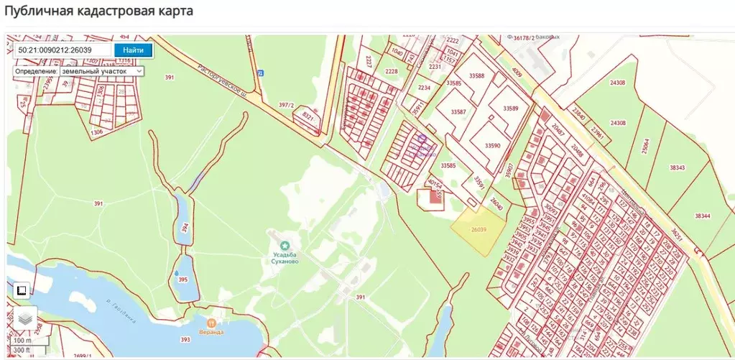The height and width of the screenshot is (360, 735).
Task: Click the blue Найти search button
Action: coord(133,50)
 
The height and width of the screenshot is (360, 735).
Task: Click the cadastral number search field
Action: coord(63,50)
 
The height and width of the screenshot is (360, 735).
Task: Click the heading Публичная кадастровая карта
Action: coord(98,11)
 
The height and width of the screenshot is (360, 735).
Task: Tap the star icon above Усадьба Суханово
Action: coord(285,246)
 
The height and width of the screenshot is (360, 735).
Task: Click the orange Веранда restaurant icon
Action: coord(211,322)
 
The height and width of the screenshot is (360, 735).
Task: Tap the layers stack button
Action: coord(24,318)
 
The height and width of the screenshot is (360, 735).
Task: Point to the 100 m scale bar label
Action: coord(23,340)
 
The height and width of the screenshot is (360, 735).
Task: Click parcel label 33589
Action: coord(510,108)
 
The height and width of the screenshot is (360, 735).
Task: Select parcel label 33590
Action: coord(492,145)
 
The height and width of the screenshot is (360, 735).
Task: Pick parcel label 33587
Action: coord(458,112)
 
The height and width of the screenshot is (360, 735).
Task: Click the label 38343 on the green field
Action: coord(676,167)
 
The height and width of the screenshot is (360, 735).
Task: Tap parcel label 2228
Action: coord(391,71)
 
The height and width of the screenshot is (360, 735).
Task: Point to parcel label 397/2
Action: coord(287,105)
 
